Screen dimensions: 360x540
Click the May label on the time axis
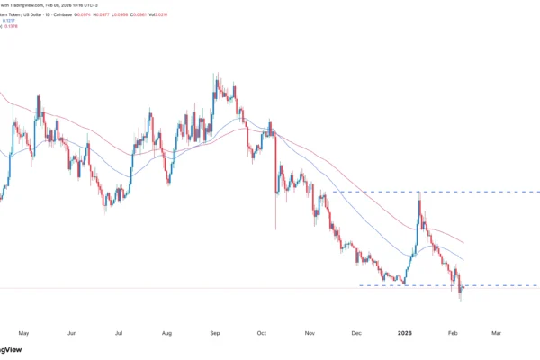click(x=24, y=331)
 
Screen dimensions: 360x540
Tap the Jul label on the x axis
click(x=119, y=331)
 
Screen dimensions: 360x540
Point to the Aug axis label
click(x=167, y=331)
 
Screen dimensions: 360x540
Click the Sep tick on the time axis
click(x=216, y=331)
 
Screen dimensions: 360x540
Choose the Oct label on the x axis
click(x=263, y=331)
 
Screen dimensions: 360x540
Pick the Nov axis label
click(x=311, y=331)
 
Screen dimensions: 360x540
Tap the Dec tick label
click(x=357, y=331)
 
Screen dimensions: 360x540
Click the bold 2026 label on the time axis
click(x=405, y=331)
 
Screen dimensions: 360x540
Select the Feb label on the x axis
click(x=454, y=331)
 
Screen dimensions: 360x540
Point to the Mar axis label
click(x=496, y=331)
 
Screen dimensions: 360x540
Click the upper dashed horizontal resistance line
click(x=432, y=192)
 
